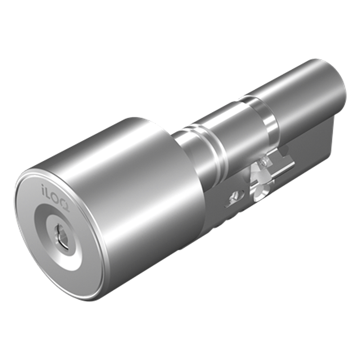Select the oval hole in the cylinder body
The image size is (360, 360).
pyautogui.click(x=233, y=196)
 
